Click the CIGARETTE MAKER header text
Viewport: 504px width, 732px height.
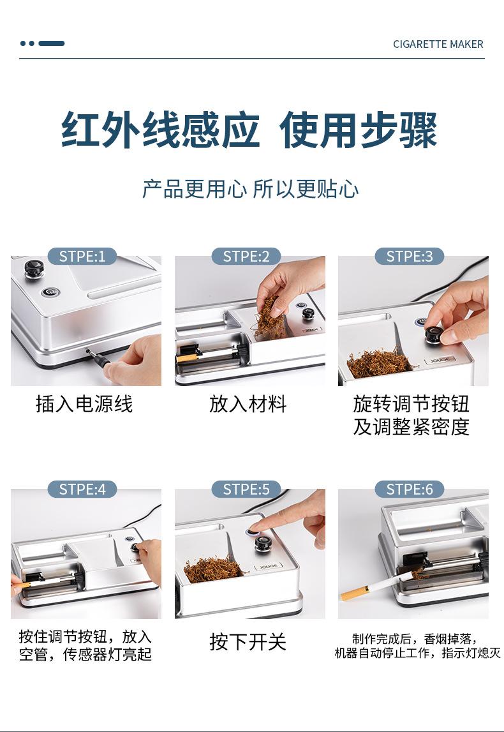tap(438, 44)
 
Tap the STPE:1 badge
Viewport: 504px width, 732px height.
tap(82, 257)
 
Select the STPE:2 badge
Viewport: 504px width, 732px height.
tap(246, 257)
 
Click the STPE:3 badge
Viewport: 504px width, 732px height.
tap(410, 257)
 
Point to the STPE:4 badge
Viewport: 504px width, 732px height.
tap(82, 489)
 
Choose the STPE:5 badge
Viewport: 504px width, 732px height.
tap(246, 489)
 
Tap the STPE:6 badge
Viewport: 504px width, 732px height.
tap(410, 489)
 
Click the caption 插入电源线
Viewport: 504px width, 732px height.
tap(84, 404)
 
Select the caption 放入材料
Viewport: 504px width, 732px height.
tap(248, 404)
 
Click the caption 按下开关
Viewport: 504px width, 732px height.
tap(248, 642)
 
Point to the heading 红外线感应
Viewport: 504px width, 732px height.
tap(161, 130)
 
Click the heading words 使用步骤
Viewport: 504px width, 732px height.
tap(358, 130)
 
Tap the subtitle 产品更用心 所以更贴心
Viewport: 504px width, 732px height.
tap(251, 189)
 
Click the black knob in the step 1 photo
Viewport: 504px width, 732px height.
tap(34, 269)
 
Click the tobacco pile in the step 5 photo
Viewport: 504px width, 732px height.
tap(213, 569)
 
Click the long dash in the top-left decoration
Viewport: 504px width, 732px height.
tap(51, 43)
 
